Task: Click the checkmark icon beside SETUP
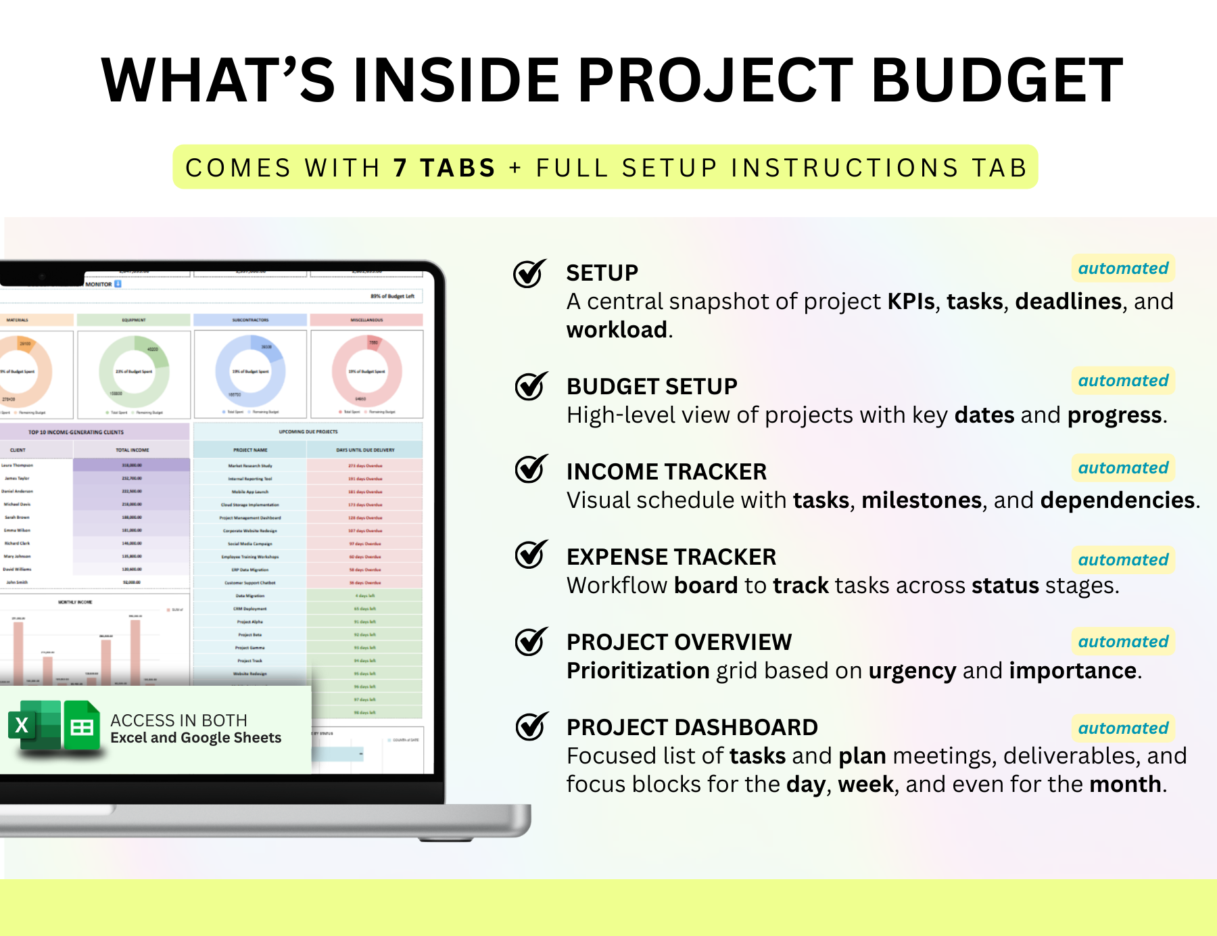click(x=529, y=274)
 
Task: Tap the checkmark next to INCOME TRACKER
click(x=531, y=469)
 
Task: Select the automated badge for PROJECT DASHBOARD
click(x=1123, y=728)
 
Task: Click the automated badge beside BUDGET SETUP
click(x=1123, y=381)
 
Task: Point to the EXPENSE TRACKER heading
click(x=671, y=557)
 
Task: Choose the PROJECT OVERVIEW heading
click(x=679, y=642)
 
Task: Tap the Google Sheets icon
click(x=82, y=726)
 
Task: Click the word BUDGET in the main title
click(x=997, y=80)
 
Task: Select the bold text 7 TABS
click(x=445, y=168)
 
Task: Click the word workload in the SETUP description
click(x=617, y=330)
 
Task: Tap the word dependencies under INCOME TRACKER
click(x=1118, y=500)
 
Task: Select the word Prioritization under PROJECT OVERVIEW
click(x=638, y=671)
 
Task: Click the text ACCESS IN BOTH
click(x=178, y=720)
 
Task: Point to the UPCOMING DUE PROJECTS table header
click(x=308, y=431)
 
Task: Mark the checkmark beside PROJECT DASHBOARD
click(x=531, y=727)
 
